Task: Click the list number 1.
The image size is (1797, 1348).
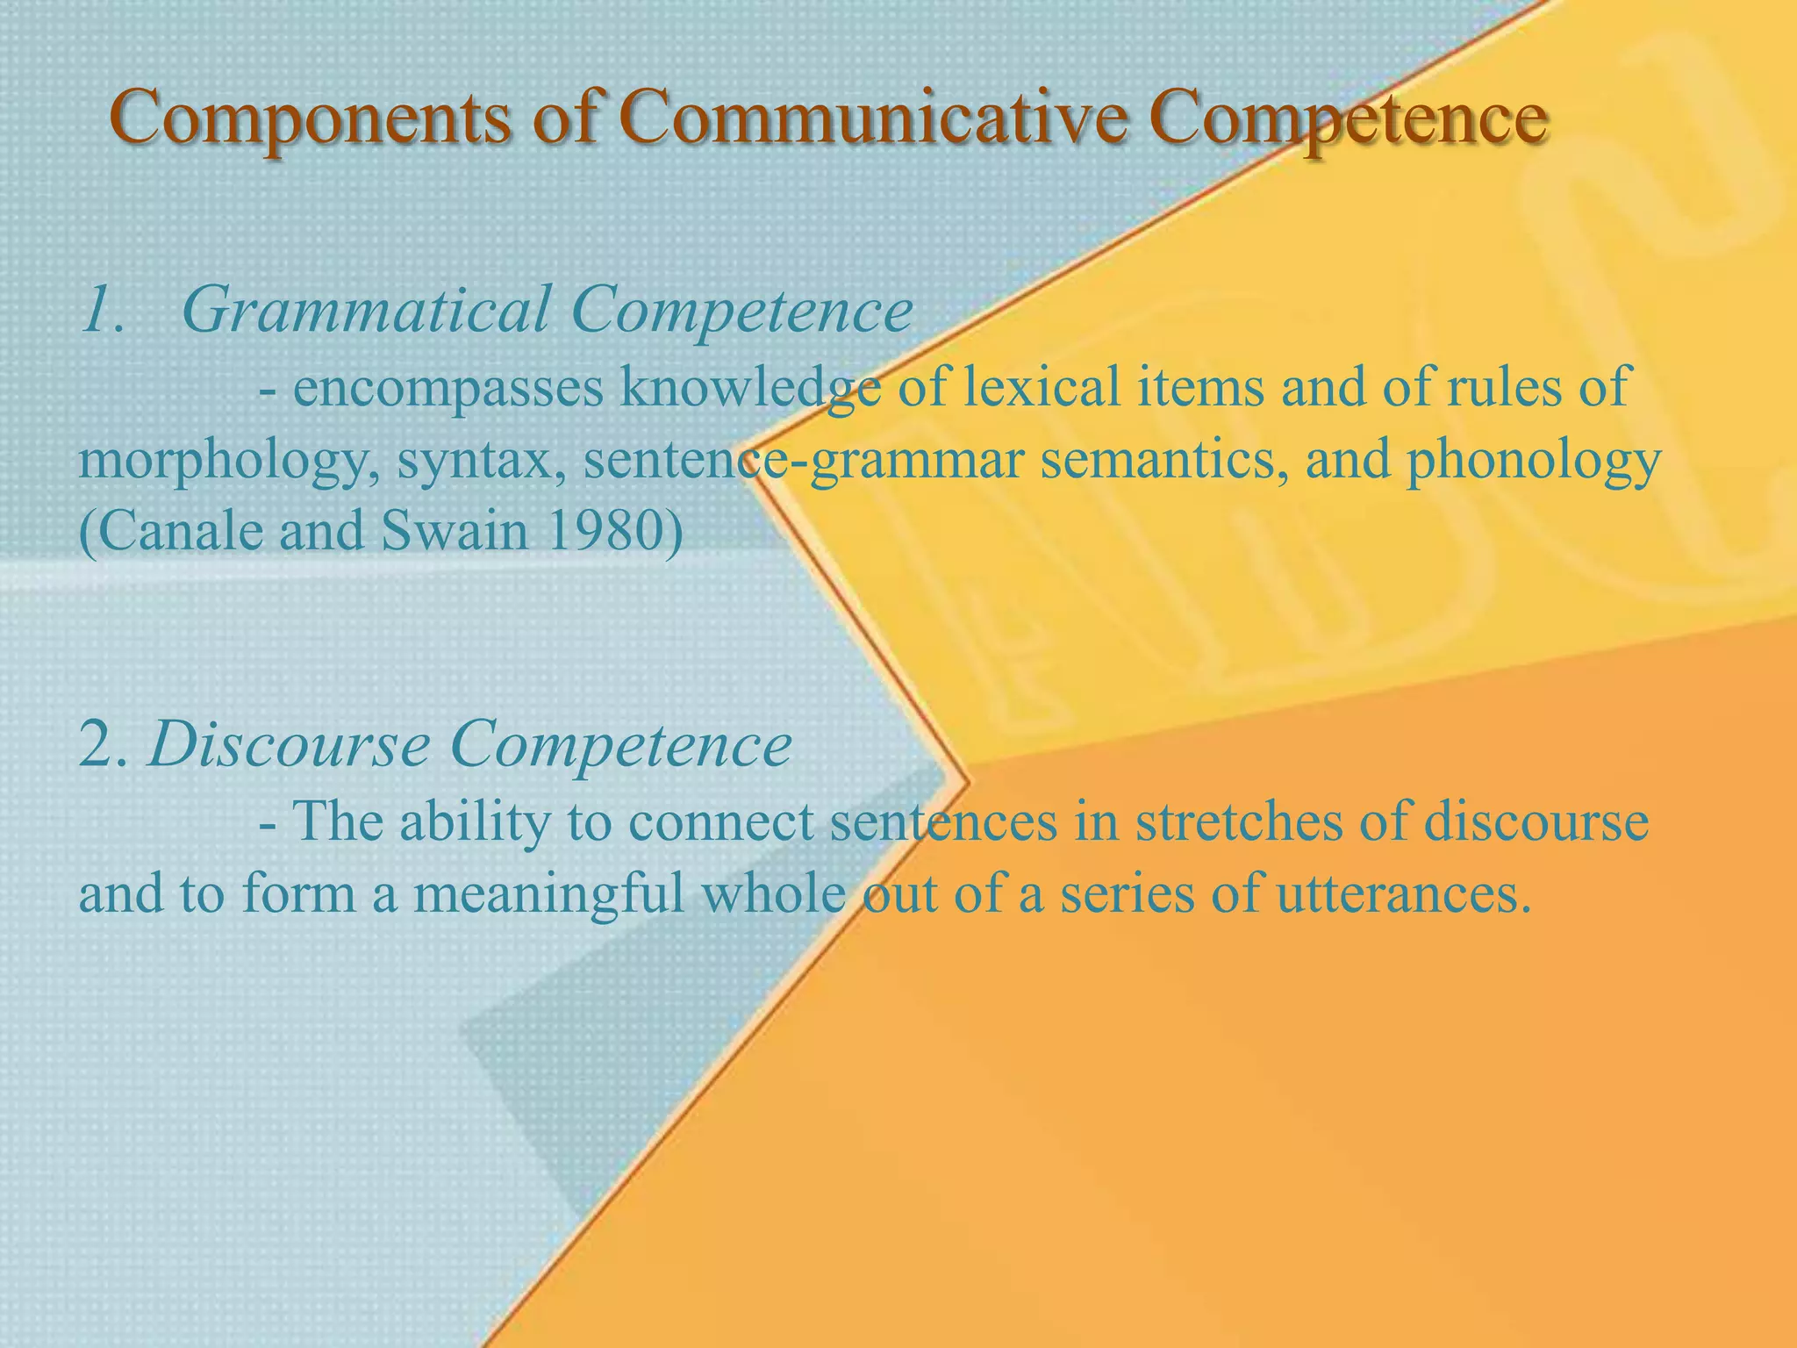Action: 101,311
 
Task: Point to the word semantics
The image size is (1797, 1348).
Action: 1163,460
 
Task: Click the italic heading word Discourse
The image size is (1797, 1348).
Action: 290,745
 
